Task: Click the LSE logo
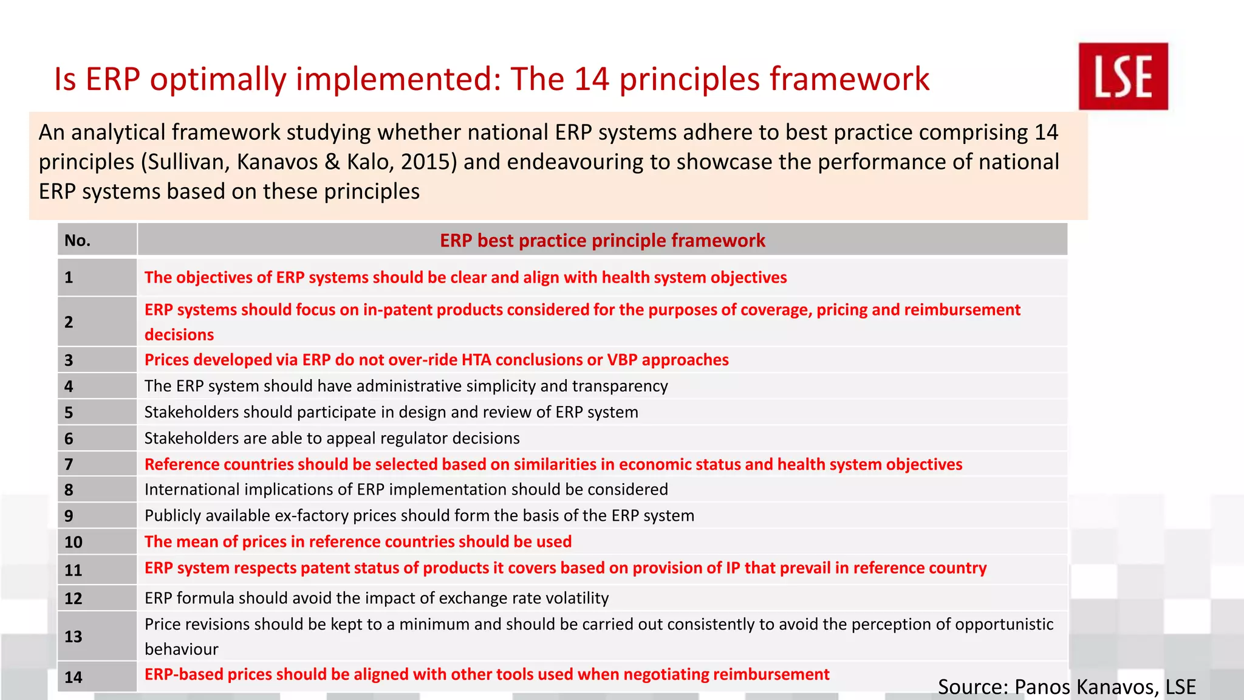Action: [x=1123, y=77]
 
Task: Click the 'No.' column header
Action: [x=78, y=241]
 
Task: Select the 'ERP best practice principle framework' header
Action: [x=602, y=241]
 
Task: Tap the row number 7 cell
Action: [x=69, y=465]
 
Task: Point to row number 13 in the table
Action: [x=73, y=637]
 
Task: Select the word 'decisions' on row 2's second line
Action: [x=179, y=335]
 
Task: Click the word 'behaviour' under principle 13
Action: [x=181, y=649]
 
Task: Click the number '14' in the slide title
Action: [x=592, y=79]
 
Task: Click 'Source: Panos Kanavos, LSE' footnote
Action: [x=1067, y=687]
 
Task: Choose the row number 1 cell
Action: [x=69, y=278]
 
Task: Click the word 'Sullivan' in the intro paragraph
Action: [x=186, y=162]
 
